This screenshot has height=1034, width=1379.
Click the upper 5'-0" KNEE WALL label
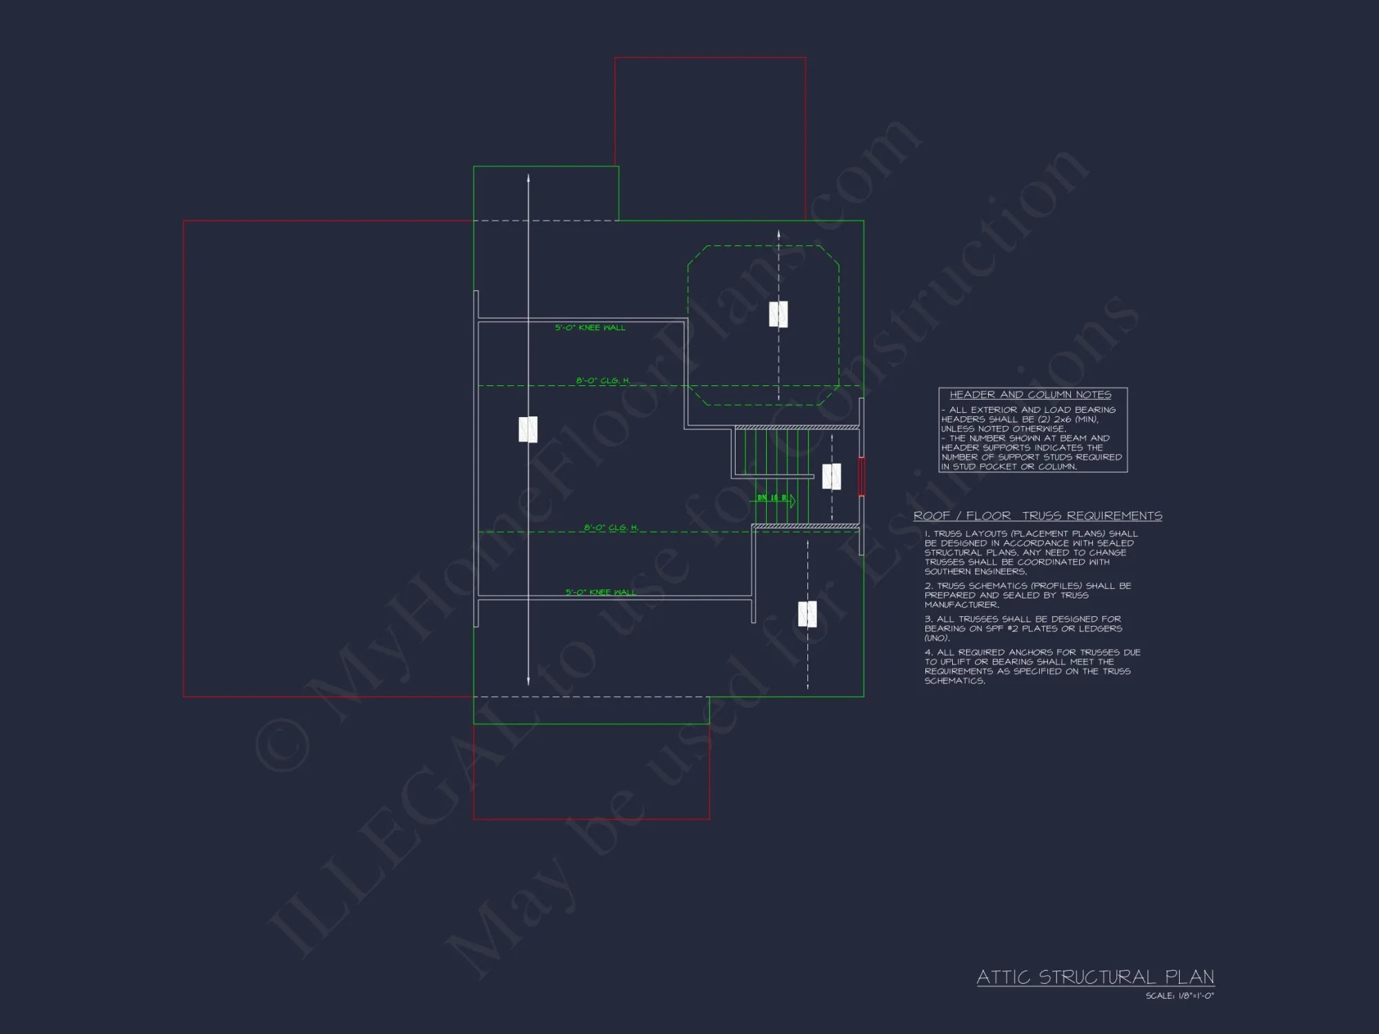(590, 327)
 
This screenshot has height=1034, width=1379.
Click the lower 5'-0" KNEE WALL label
(601, 592)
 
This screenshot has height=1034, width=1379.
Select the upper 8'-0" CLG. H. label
(603, 381)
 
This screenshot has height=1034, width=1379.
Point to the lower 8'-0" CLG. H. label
(611, 527)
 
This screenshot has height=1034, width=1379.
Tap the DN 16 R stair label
(772, 498)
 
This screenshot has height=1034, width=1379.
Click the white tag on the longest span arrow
(528, 429)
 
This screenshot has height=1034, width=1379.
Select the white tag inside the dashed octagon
(778, 314)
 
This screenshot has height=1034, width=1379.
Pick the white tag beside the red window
(832, 476)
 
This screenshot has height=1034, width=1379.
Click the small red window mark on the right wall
(861, 476)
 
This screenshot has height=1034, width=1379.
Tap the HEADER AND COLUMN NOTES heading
(1030, 395)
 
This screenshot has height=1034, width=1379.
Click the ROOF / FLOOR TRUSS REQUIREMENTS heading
(1038, 516)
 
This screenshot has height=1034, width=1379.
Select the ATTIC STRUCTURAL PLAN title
(1095, 977)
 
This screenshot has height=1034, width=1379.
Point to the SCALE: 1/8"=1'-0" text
(1180, 996)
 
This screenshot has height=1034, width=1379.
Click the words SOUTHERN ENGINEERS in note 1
(975, 571)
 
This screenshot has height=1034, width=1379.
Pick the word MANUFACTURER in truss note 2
(961, 605)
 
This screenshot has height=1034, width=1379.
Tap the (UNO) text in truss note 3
(937, 638)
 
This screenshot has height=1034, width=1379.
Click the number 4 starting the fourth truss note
(928, 652)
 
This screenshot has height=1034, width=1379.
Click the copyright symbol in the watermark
(283, 744)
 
